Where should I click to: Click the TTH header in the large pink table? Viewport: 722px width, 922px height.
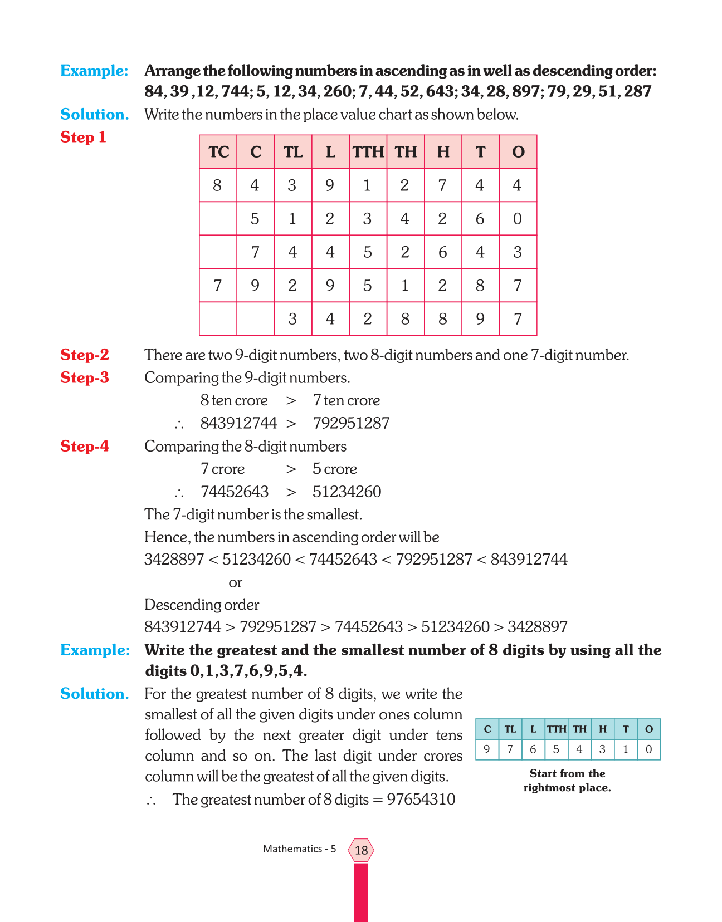click(x=368, y=152)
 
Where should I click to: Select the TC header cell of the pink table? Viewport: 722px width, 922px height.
click(x=218, y=152)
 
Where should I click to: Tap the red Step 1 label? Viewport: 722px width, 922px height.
click(x=83, y=137)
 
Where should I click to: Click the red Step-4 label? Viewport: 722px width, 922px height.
click(x=85, y=446)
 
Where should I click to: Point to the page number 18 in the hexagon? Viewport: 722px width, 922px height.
click(x=361, y=850)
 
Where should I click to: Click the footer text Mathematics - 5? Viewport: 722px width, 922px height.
click(x=299, y=849)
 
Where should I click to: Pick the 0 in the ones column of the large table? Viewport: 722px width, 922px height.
click(x=518, y=219)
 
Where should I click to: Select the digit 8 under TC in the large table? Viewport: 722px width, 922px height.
click(x=217, y=185)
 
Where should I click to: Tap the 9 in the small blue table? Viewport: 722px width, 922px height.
click(x=487, y=749)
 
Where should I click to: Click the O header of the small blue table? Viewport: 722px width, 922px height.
click(x=648, y=729)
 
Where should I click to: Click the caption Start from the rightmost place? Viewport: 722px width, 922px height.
click(x=567, y=781)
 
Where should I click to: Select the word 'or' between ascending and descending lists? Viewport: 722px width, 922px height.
click(x=235, y=582)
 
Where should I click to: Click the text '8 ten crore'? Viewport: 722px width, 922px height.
click(x=234, y=400)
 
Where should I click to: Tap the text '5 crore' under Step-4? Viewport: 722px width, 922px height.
click(x=334, y=469)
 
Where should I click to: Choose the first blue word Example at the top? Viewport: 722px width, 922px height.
click(x=94, y=71)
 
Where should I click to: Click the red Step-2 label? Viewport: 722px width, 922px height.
click(x=85, y=355)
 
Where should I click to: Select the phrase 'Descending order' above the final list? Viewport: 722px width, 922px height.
click(x=202, y=605)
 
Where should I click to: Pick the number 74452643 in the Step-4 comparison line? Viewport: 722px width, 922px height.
click(x=235, y=492)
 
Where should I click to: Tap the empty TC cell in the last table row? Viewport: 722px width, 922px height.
click(x=218, y=319)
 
